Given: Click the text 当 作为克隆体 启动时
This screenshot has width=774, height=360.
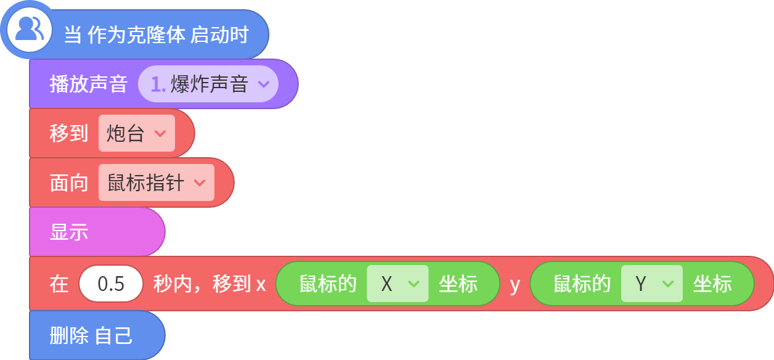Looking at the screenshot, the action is (x=156, y=35).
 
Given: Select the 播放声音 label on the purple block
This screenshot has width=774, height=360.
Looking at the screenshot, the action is (x=89, y=84).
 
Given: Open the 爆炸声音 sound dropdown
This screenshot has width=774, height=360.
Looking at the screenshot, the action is (x=208, y=84).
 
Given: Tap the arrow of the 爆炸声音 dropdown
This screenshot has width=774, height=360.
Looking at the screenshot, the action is (x=264, y=84).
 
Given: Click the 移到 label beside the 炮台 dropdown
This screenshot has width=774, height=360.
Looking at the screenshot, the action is (x=69, y=133).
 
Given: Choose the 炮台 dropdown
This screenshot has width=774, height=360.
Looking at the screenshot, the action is (x=136, y=133).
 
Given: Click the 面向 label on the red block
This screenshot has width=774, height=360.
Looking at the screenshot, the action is (x=69, y=182).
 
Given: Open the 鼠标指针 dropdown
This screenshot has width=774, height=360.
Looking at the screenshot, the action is (x=156, y=182).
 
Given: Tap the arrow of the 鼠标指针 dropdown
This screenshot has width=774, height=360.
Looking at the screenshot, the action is (x=200, y=182).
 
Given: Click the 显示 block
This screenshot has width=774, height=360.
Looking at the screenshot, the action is (x=97, y=232).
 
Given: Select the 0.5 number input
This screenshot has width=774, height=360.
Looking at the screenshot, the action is (x=111, y=284).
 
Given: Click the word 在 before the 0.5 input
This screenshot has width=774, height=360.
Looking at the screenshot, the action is (x=59, y=284).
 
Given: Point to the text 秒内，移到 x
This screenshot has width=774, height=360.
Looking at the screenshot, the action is (x=210, y=284).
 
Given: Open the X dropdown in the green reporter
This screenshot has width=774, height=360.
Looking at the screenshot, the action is (x=397, y=284).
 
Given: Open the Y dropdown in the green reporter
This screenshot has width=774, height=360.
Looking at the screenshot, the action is (x=652, y=284).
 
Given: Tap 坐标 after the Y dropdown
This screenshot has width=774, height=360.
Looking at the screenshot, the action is (x=712, y=284).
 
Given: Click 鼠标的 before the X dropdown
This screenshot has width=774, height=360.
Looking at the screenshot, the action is (x=328, y=284).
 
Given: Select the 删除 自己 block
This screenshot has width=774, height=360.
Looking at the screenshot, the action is (x=97, y=335).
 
